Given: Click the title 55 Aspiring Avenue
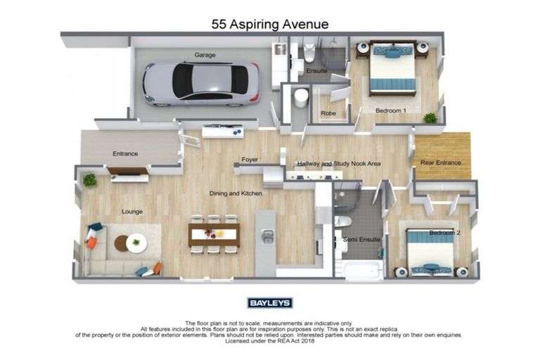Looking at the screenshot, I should pyautogui.click(x=270, y=24).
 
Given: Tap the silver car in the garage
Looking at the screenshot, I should pyautogui.click(x=201, y=83).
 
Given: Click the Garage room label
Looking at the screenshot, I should pyautogui.click(x=205, y=55).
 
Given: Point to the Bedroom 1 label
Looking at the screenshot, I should pyautogui.click(x=390, y=110).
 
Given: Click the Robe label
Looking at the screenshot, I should pyautogui.click(x=328, y=113).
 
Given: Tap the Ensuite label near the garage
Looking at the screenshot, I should pyautogui.click(x=316, y=70).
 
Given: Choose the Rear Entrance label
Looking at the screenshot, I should pyautogui.click(x=440, y=162).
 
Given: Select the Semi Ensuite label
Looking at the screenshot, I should pyautogui.click(x=361, y=240).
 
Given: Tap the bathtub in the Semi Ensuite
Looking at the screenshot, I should pyautogui.click(x=363, y=269).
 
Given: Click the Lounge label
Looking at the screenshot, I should pyautogui.click(x=132, y=210).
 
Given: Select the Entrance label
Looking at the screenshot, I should pyautogui.click(x=125, y=153).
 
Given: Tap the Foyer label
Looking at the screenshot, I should pyautogui.click(x=250, y=160).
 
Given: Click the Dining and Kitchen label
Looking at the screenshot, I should pyautogui.click(x=236, y=193).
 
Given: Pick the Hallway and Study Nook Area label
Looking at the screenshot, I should pyautogui.click(x=338, y=163).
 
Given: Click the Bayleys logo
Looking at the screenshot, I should pyautogui.click(x=270, y=303).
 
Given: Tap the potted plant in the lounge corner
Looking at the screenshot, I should pyautogui.click(x=89, y=181).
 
